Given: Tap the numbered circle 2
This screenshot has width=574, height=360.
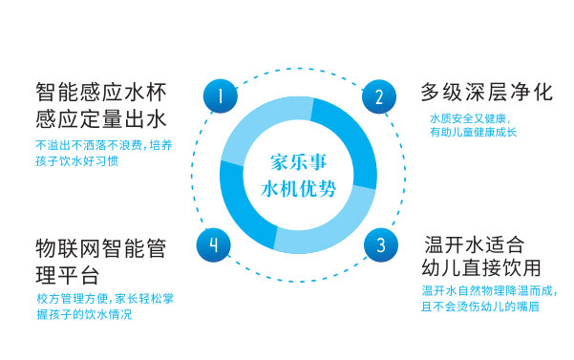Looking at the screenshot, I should click(378, 96).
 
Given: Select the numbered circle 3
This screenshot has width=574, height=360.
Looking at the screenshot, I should click(379, 245).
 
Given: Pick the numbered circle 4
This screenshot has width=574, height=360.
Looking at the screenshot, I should click(214, 245).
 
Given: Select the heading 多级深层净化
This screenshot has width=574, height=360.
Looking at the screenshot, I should click(486, 93).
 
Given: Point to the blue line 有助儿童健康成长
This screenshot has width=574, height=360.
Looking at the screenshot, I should click(475, 133).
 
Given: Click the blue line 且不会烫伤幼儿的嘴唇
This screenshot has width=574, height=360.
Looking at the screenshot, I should click(476, 306).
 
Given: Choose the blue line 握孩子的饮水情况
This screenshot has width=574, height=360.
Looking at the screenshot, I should click(79, 313).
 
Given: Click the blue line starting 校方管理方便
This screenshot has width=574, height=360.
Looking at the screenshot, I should click(105, 298).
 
